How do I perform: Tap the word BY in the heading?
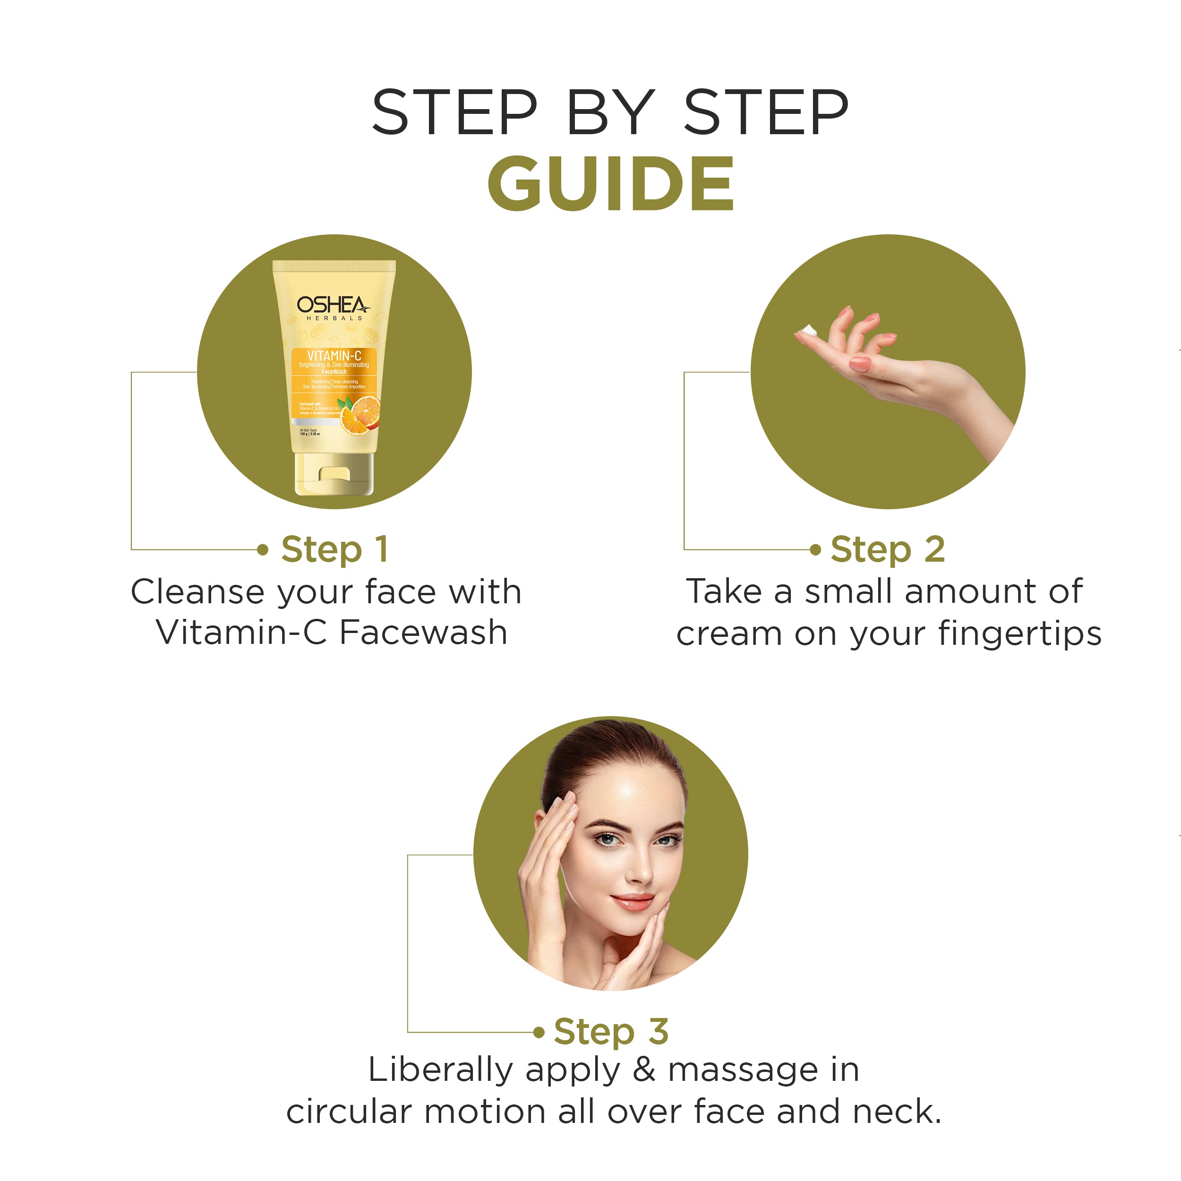pyautogui.click(x=610, y=112)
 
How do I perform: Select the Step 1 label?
pyautogui.click(x=334, y=549)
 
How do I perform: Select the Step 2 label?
pyautogui.click(x=888, y=549)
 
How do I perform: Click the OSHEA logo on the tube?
pyautogui.click(x=333, y=305)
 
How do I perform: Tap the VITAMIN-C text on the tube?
pyautogui.click(x=334, y=356)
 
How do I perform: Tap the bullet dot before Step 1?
pyautogui.click(x=263, y=549)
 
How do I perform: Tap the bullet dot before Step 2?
pyautogui.click(x=815, y=549)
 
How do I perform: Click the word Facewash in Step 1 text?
pyautogui.click(x=423, y=632)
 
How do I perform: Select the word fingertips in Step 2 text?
pyautogui.click(x=1019, y=633)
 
